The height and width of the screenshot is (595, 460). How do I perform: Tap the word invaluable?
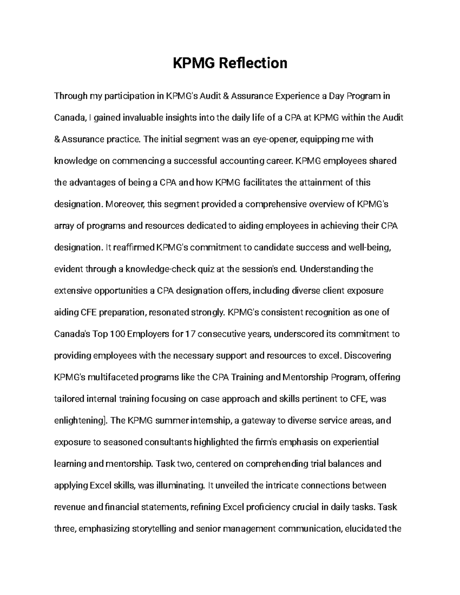click(x=142, y=118)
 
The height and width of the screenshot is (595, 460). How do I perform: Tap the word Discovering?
click(x=368, y=356)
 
